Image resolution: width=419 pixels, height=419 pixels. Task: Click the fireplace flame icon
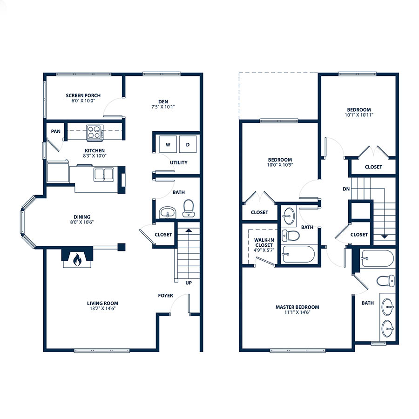(77, 259)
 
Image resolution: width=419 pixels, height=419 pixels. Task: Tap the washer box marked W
(168, 144)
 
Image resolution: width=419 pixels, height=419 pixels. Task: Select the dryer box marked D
(188, 144)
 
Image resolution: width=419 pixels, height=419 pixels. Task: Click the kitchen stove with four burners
(95, 132)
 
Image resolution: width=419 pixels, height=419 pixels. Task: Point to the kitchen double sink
(104, 174)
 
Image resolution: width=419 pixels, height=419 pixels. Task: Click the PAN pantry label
(55, 131)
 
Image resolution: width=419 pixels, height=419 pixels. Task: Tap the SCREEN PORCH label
(83, 95)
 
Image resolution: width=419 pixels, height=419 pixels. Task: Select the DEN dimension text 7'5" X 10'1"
(163, 107)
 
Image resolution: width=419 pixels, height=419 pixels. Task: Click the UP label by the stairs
(189, 283)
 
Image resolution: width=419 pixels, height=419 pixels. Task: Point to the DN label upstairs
(346, 189)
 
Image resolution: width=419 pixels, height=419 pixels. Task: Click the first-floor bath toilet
(189, 208)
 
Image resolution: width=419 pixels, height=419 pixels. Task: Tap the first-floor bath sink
(168, 212)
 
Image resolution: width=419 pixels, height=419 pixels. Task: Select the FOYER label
(165, 296)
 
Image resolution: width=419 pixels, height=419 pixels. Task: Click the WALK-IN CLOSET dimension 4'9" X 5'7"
(264, 250)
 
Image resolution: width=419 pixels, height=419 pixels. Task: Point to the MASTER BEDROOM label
(297, 307)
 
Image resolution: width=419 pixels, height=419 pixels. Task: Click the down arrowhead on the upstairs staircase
(384, 237)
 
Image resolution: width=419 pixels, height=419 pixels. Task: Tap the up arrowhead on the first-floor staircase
(189, 230)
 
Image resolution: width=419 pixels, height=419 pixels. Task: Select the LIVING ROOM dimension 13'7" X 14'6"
(102, 308)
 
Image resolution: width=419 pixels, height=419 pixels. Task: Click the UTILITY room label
(178, 162)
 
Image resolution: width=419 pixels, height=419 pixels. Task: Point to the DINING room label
(82, 216)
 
